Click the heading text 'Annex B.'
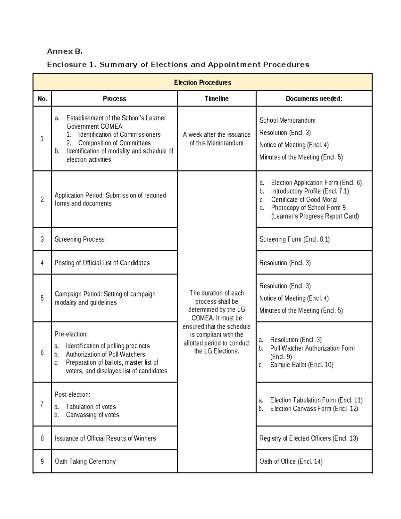64,51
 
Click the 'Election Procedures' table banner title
203,83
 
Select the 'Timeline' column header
217,99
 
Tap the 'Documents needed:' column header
314,99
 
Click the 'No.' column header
42,99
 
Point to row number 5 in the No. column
42,298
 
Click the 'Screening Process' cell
80,239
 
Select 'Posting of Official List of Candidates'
102,263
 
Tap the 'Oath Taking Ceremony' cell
85,462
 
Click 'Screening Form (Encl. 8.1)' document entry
294,239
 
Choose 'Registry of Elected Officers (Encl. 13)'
308,438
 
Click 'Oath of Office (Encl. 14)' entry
291,462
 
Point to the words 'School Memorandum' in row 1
287,120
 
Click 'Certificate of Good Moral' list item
304,200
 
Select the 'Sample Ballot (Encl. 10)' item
301,365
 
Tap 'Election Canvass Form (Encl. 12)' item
314,409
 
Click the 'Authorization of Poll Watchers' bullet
105,354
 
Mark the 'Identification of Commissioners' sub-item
119,135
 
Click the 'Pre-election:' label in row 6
71,334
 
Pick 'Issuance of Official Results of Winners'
105,438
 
